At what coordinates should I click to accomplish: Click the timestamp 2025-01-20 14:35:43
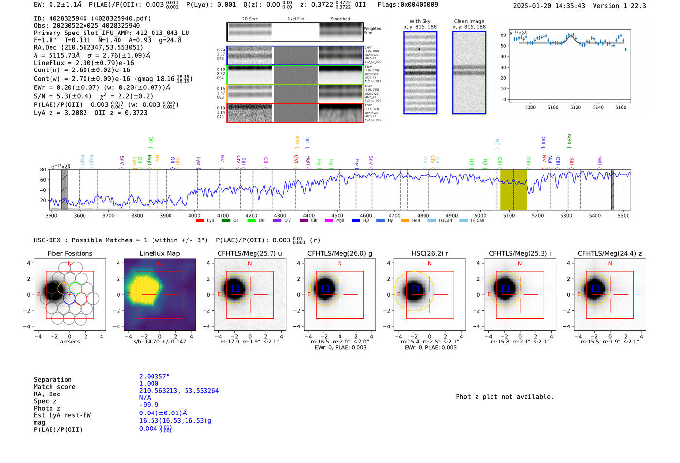point(549,6)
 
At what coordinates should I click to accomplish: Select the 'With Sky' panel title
point(420,21)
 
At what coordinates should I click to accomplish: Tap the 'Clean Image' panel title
point(469,21)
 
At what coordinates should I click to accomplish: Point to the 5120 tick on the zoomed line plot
point(576,107)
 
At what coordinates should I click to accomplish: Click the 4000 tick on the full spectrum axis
point(194,215)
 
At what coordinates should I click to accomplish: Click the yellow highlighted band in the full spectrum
point(513,189)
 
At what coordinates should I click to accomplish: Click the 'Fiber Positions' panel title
point(69,253)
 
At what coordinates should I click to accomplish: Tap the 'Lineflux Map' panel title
point(159,253)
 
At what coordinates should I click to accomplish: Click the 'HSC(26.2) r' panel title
point(429,253)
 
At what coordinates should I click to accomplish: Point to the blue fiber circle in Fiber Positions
point(69,298)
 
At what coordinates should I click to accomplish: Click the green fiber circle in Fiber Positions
point(75,288)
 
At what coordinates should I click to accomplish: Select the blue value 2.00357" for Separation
point(154,377)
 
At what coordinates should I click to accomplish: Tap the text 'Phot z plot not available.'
point(505,397)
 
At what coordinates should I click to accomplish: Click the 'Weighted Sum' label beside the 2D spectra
point(372,31)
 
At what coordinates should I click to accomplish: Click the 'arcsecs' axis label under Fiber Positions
point(69,342)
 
